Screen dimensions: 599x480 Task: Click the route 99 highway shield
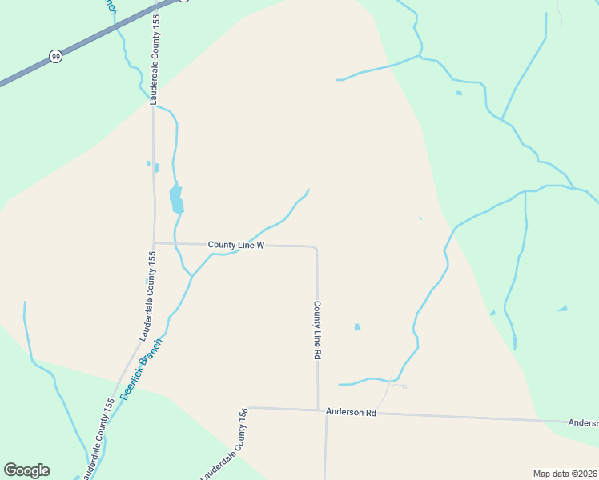point(55,56)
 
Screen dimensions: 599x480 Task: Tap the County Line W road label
point(235,245)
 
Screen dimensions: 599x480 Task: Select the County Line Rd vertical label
point(317,330)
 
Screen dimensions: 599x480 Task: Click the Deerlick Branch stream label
point(141,369)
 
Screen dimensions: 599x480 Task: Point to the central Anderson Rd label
point(351,412)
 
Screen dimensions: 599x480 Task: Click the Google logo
point(26,470)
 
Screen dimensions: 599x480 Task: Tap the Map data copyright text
point(565,474)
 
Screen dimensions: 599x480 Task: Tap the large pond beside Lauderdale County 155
point(176,198)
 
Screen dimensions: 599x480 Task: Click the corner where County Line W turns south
point(316,247)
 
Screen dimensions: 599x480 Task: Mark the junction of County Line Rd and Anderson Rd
point(318,410)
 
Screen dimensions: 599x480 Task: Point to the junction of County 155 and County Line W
point(155,243)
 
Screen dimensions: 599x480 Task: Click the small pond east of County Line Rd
point(357,326)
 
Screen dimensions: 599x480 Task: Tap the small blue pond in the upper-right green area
point(459,93)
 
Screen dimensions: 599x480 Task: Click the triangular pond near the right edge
point(563,308)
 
